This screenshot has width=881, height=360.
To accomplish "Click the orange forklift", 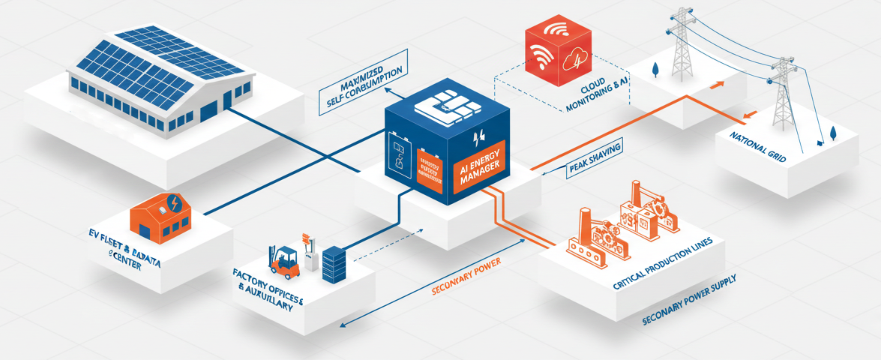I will click(285, 259).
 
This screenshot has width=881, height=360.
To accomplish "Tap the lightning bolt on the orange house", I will click(174, 203).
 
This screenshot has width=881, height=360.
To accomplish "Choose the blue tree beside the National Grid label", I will click(832, 132).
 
